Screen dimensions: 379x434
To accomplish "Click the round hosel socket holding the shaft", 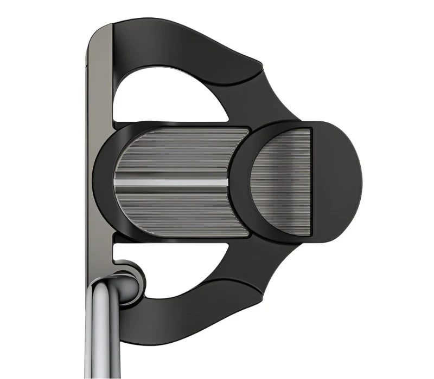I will click(x=130, y=279).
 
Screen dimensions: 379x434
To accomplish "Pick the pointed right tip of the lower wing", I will click(x=263, y=296).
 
